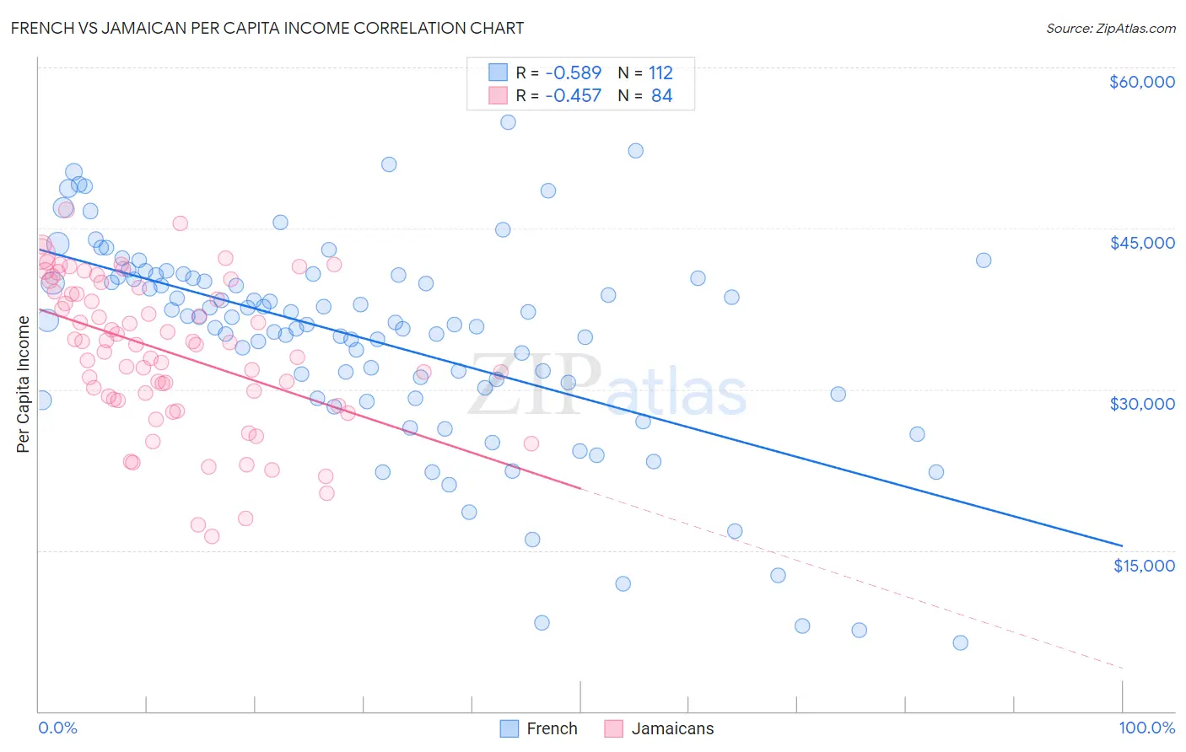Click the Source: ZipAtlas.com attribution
pyautogui.click(x=1110, y=28)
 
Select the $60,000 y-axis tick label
pyautogui.click(x=1141, y=82)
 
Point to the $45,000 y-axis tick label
pyautogui.click(x=1141, y=243)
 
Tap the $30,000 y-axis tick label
pyautogui.click(x=1141, y=404)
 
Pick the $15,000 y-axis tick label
pyautogui.click(x=1143, y=565)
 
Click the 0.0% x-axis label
pyautogui.click(x=57, y=728)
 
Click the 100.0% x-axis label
pyautogui.click(x=1146, y=728)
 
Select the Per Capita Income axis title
pyautogui.click(x=24, y=384)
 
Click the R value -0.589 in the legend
pyautogui.click(x=573, y=73)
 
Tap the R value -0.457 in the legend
pyautogui.click(x=573, y=96)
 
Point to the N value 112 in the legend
pyautogui.click(x=660, y=73)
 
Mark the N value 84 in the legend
pyautogui.click(x=661, y=96)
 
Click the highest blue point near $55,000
pyautogui.click(x=508, y=122)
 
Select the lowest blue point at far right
pyautogui.click(x=960, y=642)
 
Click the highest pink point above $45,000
pyautogui.click(x=180, y=223)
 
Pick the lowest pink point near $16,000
pyautogui.click(x=212, y=536)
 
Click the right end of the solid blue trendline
pyautogui.click(x=1122, y=545)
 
